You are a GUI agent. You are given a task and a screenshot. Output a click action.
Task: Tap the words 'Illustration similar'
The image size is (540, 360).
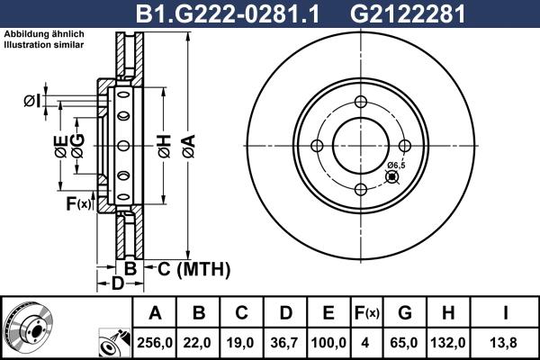coord(44,44)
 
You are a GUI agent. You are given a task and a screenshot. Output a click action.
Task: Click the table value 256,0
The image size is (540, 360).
coord(156,343)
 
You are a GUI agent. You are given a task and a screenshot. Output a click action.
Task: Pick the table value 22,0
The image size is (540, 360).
coord(200,343)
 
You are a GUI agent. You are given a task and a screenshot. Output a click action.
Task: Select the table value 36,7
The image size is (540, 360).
coord(285,343)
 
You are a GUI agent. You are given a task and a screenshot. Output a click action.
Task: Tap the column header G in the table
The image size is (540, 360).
coord(405,313)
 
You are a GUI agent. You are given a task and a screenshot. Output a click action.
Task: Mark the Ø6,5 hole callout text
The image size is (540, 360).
coord(397,166)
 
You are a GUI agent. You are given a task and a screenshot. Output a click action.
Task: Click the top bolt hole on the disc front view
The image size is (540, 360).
coord(359,102)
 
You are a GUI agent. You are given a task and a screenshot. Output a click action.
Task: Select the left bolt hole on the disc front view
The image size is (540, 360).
coord(316,146)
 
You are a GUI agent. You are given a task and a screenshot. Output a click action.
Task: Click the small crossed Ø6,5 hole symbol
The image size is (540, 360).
coord(391,176)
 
